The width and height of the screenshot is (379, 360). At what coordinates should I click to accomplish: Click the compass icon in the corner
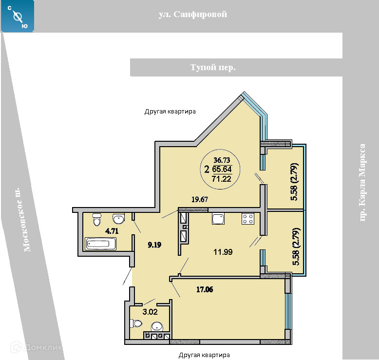(x=17, y=16)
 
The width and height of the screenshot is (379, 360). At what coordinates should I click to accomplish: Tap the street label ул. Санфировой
(x=192, y=15)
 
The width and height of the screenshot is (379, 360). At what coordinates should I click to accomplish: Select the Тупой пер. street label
(x=213, y=67)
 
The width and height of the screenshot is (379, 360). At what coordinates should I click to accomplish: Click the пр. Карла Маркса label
(x=362, y=183)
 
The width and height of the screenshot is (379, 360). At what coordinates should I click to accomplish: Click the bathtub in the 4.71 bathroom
(x=100, y=243)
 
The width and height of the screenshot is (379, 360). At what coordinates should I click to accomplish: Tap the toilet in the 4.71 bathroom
(x=97, y=219)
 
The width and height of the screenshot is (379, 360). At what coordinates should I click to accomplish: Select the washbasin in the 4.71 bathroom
(x=118, y=218)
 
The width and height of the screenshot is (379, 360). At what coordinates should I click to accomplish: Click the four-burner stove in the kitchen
(x=248, y=219)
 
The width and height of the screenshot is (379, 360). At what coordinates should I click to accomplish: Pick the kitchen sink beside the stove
(x=218, y=219)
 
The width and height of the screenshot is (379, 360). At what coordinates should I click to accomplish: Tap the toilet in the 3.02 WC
(x=135, y=323)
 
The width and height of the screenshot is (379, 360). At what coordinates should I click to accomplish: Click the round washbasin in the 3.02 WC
(x=157, y=327)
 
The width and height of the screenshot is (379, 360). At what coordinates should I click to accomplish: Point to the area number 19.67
(x=200, y=199)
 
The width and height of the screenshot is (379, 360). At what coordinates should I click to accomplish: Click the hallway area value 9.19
(x=154, y=245)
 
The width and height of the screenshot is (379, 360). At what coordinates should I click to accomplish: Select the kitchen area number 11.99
(x=223, y=252)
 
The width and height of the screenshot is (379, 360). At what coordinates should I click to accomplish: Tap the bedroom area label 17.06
(x=205, y=289)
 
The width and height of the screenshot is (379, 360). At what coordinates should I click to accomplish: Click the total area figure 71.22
(x=221, y=179)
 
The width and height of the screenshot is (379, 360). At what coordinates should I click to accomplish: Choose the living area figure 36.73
(x=222, y=160)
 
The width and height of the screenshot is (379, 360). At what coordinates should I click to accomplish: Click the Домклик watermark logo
(x=36, y=347)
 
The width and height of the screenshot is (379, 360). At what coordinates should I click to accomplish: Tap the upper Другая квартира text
(x=170, y=112)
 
